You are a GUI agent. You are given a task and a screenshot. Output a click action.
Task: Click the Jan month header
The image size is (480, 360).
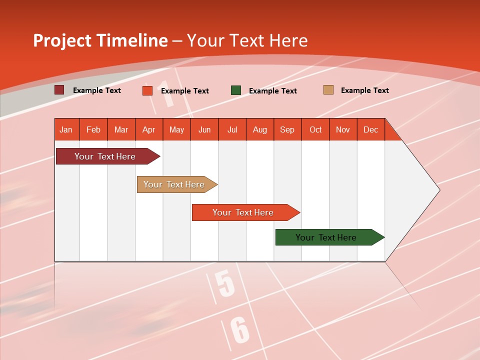tap(66, 129)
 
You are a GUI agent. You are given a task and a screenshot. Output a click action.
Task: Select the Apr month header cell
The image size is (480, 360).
tap(149, 129)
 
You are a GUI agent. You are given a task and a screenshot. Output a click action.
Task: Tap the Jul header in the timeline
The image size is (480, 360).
tap(232, 129)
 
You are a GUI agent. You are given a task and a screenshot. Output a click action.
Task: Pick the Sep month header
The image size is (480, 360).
tap(287, 129)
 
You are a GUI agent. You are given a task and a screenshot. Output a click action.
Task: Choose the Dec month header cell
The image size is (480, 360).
tap(370, 129)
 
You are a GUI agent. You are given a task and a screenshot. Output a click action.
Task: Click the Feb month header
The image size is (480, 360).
tap(93, 129)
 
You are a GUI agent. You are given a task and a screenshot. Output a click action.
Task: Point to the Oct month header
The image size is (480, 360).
tap(315, 129)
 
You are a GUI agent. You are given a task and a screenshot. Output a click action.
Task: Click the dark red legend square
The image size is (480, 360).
tap(59, 90)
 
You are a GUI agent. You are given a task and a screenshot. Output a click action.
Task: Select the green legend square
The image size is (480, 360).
tap(236, 90)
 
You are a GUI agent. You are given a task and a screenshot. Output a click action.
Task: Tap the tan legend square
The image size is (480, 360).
tap(328, 90)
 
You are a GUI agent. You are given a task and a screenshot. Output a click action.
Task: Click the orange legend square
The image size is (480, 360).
tap(147, 90)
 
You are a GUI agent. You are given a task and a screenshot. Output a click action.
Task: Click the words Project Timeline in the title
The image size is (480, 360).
tap(100, 40)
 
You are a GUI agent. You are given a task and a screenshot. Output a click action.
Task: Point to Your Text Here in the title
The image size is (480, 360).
tap(247, 40)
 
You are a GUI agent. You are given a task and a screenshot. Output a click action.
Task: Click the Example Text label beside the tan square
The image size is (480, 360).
tap(364, 90)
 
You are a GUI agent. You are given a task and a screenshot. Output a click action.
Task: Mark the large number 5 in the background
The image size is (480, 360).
tap(226, 284)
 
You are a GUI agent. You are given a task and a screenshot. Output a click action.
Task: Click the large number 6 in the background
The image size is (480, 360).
tap(240, 330)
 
